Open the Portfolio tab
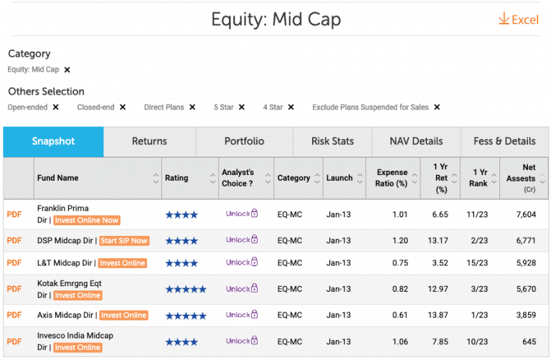coord(244,141)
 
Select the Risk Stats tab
coord(332,141)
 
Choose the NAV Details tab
coord(416,141)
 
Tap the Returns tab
coord(149,141)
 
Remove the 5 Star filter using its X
coord(242,108)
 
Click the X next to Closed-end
coord(123,108)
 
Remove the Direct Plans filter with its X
coord(192,108)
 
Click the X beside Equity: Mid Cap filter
coord(67,70)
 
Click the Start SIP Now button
coord(124,241)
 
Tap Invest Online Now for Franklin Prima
coord(87,220)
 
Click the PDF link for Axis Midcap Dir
coord(14,315)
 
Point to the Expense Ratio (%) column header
coord(392,178)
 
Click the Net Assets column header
coord(520,178)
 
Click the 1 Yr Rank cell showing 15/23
coord(480,263)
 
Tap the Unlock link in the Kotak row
coord(241,288)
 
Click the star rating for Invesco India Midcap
coord(181,341)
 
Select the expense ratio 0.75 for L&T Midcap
coord(400,263)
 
